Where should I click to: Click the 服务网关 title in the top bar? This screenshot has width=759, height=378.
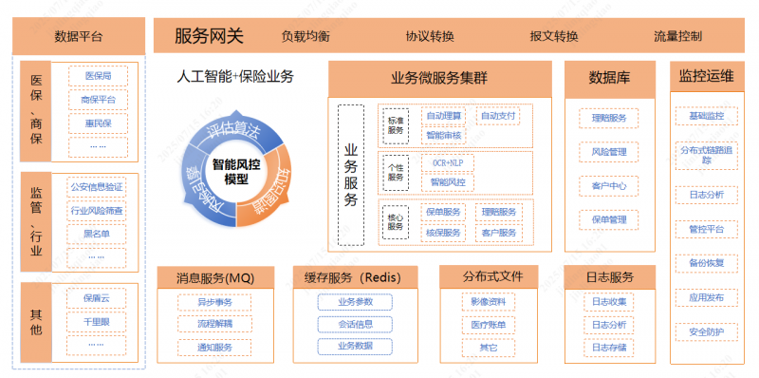(x=210, y=37)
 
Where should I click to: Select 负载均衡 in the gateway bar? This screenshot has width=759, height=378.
(x=305, y=37)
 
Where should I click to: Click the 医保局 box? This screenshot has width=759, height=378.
(x=99, y=76)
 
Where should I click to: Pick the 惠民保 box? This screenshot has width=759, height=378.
(x=99, y=123)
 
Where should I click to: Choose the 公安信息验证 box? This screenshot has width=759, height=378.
(x=97, y=187)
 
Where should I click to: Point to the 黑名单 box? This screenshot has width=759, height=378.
(x=97, y=233)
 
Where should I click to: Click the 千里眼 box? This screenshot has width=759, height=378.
(x=97, y=322)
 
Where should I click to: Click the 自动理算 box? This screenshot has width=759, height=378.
(x=444, y=116)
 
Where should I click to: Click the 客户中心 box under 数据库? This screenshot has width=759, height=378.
(x=609, y=185)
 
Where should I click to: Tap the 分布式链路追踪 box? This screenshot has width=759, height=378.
(x=706, y=155)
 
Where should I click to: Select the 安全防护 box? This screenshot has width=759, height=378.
(x=706, y=331)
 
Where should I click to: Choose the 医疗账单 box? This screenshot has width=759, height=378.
(x=489, y=325)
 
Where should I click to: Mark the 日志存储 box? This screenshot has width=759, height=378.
(x=609, y=348)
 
